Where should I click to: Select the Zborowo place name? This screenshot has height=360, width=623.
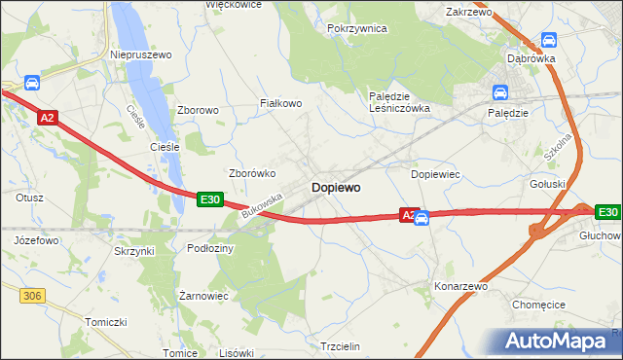tap(198, 111)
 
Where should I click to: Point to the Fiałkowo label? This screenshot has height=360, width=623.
tap(279, 102)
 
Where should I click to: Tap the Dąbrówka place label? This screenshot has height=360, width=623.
tap(531, 58)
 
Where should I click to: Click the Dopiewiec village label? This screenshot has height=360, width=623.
tap(436, 174)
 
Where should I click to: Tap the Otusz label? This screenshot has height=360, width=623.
tap(30, 198)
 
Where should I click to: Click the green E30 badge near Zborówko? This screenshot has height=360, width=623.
tap(210, 198)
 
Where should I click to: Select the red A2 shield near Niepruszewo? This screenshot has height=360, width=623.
tap(48, 118)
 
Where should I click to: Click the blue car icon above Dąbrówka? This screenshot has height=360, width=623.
tap(548, 41)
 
